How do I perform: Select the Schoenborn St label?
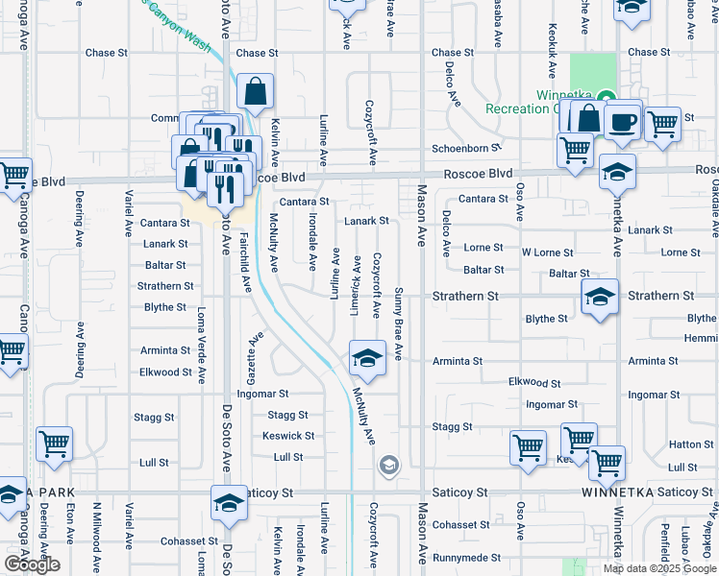pos(466,148)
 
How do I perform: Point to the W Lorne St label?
pos(547,252)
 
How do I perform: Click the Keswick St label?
pos(288,436)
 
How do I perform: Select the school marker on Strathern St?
pos(599,298)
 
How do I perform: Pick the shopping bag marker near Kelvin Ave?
pos(256,94)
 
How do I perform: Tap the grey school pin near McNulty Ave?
pos(388,467)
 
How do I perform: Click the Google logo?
pos(32,564)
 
